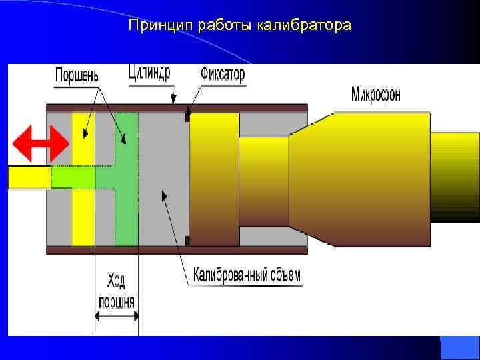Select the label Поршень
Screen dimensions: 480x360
coord(77,75)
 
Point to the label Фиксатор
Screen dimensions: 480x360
coord(222,73)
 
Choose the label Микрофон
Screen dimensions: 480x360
coord(376,95)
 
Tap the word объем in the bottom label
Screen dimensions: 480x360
coord(283,275)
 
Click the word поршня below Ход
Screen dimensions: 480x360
coord(117,301)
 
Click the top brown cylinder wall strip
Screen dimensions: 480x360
coord(177,107)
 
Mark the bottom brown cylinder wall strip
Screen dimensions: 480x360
coord(177,251)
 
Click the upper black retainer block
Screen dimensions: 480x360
coord(189,116)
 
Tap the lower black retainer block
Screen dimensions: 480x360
coord(188,240)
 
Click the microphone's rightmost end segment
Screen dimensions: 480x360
coord(455,177)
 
